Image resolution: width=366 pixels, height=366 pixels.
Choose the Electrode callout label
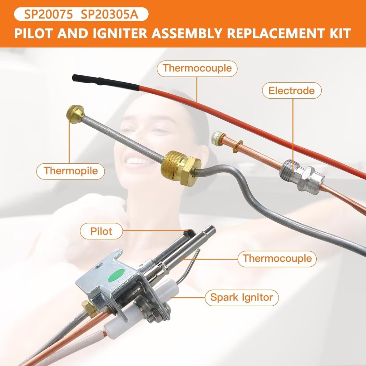[x=292, y=91]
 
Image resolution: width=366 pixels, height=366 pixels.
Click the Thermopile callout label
[x=71, y=171]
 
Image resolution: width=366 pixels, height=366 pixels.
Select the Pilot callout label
[x=101, y=231]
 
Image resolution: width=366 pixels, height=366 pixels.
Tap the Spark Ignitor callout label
[x=242, y=297]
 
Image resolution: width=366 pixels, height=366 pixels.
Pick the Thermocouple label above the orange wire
[x=197, y=68]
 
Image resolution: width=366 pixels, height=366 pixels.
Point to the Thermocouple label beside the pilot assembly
[x=277, y=258]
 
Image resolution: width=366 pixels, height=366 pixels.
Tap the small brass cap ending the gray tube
[x=75, y=114]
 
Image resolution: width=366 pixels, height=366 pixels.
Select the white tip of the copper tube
[x=216, y=138]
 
